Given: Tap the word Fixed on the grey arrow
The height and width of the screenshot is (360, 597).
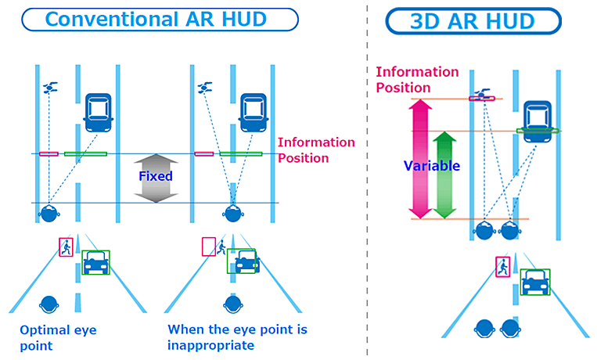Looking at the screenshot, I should click(x=155, y=176).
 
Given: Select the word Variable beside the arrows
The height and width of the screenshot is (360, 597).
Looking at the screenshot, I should click(x=431, y=166).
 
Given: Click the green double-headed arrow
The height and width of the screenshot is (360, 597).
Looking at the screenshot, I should click(x=444, y=175).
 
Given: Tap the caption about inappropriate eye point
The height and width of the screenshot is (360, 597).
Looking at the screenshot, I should click(x=237, y=337).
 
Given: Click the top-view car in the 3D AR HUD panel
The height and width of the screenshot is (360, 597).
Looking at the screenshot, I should click(x=536, y=120).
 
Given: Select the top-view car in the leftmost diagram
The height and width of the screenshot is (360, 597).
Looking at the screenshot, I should click(x=99, y=112).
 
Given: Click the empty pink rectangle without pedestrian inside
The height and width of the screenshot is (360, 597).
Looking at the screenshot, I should click(x=209, y=247).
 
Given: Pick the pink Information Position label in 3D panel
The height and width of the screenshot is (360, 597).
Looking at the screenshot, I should click(x=417, y=79).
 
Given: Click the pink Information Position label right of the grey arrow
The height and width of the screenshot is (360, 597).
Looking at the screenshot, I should click(x=316, y=149).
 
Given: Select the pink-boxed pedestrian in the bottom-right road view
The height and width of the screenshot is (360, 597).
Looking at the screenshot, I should click(x=502, y=266).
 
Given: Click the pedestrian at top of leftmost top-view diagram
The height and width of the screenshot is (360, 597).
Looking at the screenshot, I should click(x=51, y=87).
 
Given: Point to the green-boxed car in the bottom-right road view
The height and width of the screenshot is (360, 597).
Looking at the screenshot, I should click(x=536, y=282).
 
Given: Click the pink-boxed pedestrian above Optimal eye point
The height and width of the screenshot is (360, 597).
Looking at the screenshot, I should click(x=66, y=247).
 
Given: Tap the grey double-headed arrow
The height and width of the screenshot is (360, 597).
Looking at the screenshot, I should click(x=156, y=178).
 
